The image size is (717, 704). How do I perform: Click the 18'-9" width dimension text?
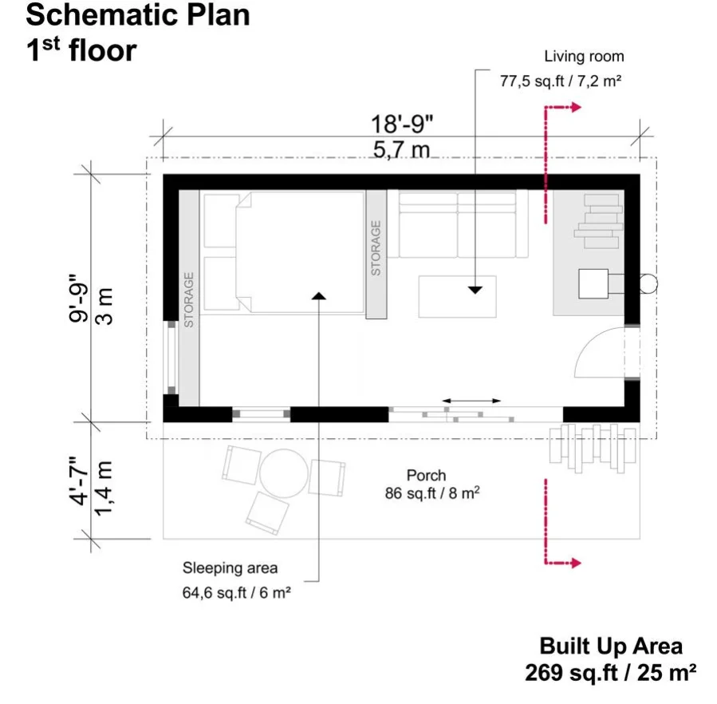pyautogui.click(x=401, y=124)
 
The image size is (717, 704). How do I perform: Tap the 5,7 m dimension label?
pyautogui.click(x=401, y=150)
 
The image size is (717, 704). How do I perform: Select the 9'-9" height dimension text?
pyautogui.click(x=79, y=299)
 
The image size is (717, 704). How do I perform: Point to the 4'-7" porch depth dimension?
pyautogui.click(x=79, y=481)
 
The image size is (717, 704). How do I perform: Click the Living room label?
pyautogui.click(x=584, y=57)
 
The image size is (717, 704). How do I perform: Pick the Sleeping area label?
pyautogui.click(x=230, y=568)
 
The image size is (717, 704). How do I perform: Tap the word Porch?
pyautogui.click(x=426, y=475)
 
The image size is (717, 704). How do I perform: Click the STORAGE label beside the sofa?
pyautogui.click(x=376, y=248)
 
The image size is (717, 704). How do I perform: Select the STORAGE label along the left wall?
pyautogui.click(x=188, y=300)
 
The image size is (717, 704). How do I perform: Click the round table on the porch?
pyautogui.click(x=283, y=473)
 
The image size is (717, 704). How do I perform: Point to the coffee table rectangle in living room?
pyautogui.click(x=457, y=297)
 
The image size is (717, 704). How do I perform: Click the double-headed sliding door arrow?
pyautogui.click(x=471, y=401)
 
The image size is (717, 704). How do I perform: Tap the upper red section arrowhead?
pyautogui.click(x=576, y=108)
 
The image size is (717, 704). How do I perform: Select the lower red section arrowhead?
pyautogui.click(x=576, y=563)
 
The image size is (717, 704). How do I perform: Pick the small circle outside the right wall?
pyautogui.click(x=648, y=284)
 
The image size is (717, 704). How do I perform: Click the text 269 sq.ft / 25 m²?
pyautogui.click(x=610, y=673)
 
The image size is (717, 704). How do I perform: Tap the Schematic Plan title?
pyautogui.click(x=138, y=14)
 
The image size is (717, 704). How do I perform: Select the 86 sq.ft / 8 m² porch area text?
pyautogui.click(x=432, y=493)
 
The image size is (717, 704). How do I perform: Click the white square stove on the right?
pyautogui.click(x=593, y=284)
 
